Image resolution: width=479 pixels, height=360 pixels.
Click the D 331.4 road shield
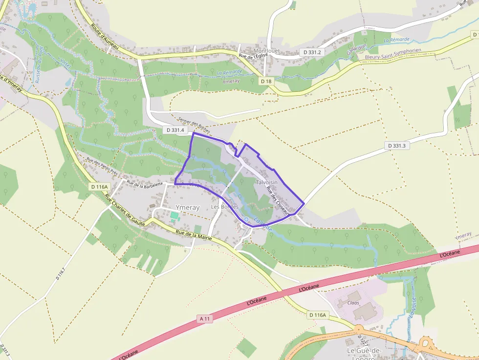point(175,130)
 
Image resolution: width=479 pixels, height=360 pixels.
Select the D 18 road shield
point(266,81)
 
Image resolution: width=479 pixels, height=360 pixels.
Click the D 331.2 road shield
point(312,52)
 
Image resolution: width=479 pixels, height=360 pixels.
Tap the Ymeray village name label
point(188,208)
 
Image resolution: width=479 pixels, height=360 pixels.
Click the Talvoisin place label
point(266,182)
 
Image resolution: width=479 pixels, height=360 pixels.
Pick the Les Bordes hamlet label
point(224,207)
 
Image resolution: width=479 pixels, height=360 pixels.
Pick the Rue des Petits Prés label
point(102,167)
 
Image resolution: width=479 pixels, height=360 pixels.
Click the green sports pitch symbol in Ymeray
point(174,215)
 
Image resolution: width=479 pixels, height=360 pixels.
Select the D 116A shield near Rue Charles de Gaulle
point(99,187)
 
